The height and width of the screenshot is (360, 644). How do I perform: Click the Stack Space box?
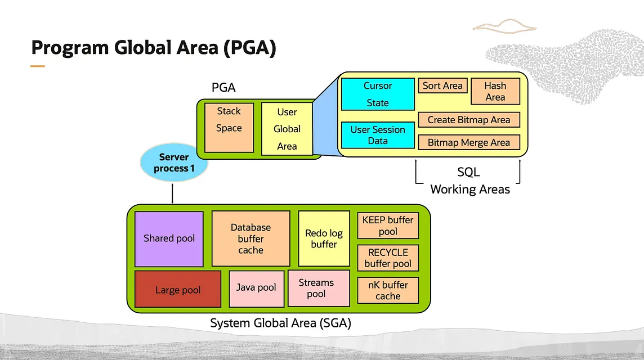[229, 127]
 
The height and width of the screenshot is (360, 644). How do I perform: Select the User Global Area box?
[287, 128]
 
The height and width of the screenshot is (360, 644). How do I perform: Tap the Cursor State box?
[378, 94]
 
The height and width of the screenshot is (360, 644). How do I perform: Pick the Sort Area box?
[442, 85]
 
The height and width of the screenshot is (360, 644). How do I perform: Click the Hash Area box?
[495, 91]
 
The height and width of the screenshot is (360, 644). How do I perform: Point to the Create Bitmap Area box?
[468, 120]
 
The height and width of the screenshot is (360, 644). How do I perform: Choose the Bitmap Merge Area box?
[468, 142]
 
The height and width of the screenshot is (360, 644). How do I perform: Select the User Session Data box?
[378, 135]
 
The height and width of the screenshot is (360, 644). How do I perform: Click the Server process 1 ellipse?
[173, 163]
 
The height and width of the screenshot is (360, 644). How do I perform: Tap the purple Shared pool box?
[169, 238]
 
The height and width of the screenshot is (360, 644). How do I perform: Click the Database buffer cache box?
[251, 238]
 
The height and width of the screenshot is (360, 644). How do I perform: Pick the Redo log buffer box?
[324, 238]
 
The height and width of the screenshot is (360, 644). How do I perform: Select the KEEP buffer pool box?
[388, 226]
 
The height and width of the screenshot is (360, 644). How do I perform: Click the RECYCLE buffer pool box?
[388, 258]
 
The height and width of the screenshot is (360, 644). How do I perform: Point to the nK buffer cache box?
[388, 290]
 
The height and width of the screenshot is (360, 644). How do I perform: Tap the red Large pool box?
[177, 289]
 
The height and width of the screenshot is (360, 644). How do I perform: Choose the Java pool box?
[256, 288]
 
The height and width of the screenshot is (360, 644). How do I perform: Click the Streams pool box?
[316, 288]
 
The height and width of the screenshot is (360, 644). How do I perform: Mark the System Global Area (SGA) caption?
[280, 323]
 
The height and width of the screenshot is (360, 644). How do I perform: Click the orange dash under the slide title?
[37, 66]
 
